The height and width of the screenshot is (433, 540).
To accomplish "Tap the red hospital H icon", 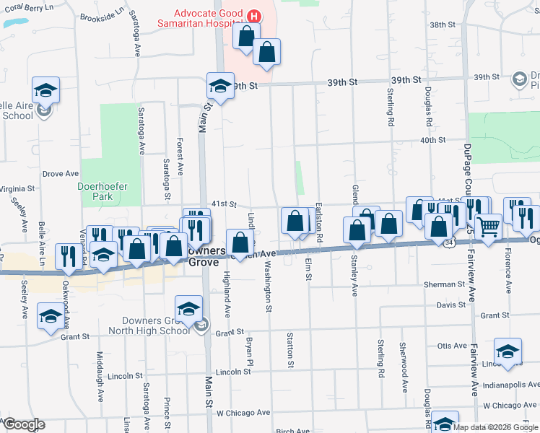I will [253, 16].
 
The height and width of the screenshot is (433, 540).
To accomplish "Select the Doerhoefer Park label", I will [103, 191].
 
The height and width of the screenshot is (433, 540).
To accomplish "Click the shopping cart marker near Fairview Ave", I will [489, 227].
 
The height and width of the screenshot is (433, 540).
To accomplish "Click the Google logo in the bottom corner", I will [23, 424].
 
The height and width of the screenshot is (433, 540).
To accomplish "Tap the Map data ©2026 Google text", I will [495, 427].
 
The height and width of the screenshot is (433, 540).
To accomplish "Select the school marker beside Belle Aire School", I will [45, 91].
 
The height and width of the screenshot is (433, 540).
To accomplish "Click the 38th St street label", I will [443, 25].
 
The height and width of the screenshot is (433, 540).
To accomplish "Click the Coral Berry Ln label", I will [28, 7].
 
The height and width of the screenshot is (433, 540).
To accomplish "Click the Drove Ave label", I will [61, 174].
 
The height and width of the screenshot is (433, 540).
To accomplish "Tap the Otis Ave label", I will [453, 346].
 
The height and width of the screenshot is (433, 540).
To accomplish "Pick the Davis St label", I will [451, 305].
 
